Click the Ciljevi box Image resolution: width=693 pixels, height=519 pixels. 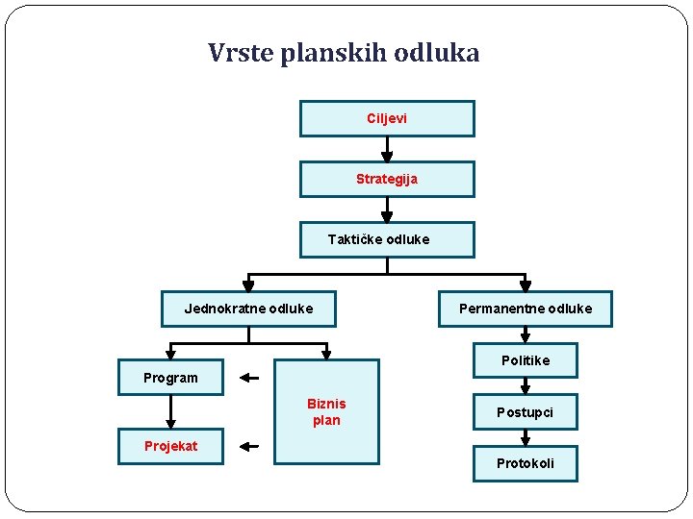pyautogui.click(x=387, y=118)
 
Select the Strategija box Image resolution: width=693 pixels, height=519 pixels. pyautogui.click(x=387, y=179)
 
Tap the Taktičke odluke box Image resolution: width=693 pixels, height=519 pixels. pyautogui.click(x=387, y=239)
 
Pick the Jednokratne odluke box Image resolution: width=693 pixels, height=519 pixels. pyautogui.click(x=248, y=309)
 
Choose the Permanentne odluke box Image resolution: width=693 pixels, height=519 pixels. pyautogui.click(x=526, y=309)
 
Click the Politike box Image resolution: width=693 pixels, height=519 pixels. pyautogui.click(x=526, y=360)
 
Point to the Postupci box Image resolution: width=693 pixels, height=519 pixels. pyautogui.click(x=526, y=412)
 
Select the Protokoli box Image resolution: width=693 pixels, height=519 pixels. pyautogui.click(x=526, y=463)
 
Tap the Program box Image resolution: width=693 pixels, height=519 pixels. pyautogui.click(x=170, y=378)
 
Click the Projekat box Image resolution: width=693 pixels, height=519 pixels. pyautogui.click(x=170, y=445)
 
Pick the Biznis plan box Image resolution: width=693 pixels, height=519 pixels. pyautogui.click(x=326, y=412)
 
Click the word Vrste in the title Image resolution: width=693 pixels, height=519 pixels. pyautogui.click(x=242, y=53)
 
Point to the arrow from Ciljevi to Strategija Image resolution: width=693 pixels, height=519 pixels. pyautogui.click(x=387, y=149)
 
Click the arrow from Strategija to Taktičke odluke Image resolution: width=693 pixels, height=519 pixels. pyautogui.click(x=387, y=210)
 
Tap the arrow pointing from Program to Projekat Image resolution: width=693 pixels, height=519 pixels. pyautogui.click(x=170, y=411)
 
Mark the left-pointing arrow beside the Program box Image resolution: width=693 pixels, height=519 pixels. pyautogui.click(x=249, y=378)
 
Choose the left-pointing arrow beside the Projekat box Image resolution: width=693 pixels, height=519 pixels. pyautogui.click(x=249, y=446)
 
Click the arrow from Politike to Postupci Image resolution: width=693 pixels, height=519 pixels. pyautogui.click(x=526, y=386)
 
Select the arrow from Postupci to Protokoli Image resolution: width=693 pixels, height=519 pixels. pyautogui.click(x=526, y=437)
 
